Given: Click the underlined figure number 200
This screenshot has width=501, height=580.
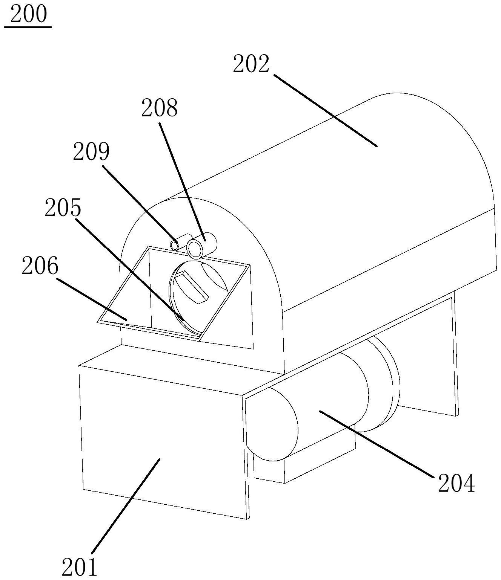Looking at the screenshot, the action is [28, 15].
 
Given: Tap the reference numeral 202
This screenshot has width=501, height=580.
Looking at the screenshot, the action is [251, 64].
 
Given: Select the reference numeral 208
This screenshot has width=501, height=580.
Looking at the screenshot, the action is [159, 108].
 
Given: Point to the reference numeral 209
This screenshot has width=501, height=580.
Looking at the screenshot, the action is [91, 152].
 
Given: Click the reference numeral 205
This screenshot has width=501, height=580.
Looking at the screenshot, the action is [63, 208].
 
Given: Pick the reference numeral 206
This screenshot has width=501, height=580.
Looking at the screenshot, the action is [40, 267].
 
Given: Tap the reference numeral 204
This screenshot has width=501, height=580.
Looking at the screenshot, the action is [456, 483].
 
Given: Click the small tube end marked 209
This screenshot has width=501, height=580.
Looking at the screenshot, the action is [175, 245].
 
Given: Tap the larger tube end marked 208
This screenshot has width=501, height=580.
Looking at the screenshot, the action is [196, 249].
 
